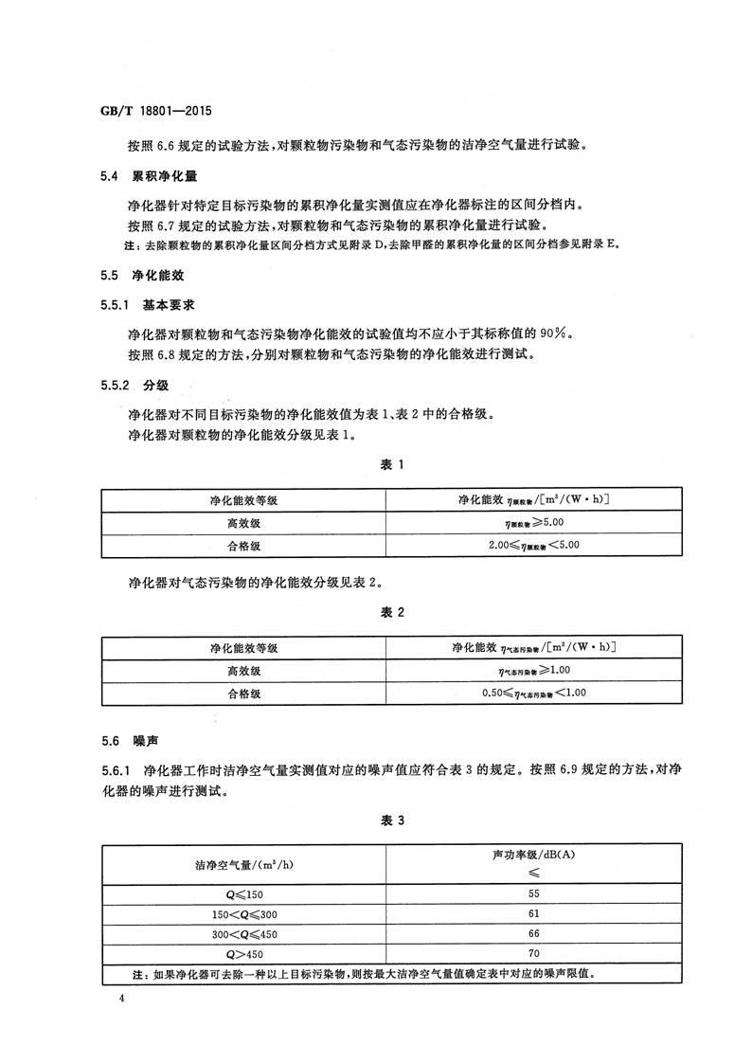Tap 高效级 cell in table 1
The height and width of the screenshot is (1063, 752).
tap(243, 522)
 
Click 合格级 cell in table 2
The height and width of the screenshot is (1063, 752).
tap(243, 694)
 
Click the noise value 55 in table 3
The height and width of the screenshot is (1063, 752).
tap(533, 893)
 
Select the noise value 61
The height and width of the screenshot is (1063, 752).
tap(533, 913)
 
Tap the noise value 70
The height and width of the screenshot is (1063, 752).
tap(533, 953)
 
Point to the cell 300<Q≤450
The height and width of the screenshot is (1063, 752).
tap(243, 933)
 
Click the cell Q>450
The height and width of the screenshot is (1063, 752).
tap(243, 953)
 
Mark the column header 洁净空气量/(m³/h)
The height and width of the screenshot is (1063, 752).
tap(243, 864)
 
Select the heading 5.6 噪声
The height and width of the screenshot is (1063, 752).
tap(132, 744)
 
